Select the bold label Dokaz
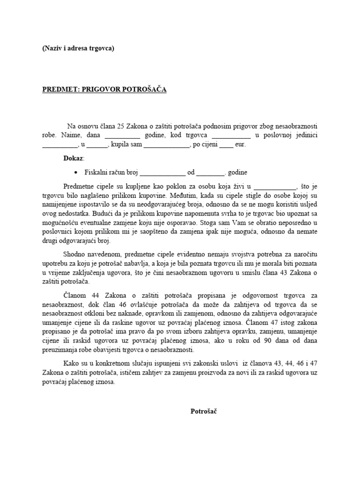[73, 158]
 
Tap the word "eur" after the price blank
[240, 145]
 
